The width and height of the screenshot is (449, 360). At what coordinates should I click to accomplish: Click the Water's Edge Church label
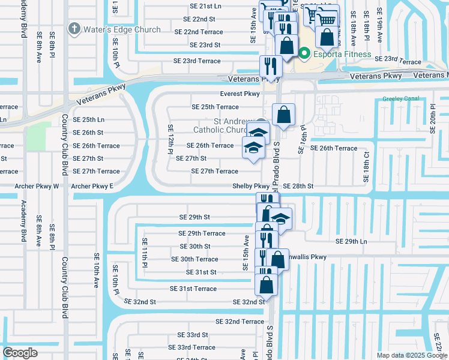122,29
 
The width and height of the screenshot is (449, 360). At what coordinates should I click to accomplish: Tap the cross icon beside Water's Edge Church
74,28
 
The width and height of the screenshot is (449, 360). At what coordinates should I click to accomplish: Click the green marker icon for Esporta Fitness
304,55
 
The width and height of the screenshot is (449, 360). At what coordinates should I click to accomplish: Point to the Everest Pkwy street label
240,94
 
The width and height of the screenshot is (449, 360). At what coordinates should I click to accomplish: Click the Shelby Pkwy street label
250,187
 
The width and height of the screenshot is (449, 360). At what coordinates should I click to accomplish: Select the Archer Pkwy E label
92,187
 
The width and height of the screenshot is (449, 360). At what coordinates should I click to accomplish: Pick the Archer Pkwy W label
37,187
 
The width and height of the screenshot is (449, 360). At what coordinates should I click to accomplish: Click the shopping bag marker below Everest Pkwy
283,114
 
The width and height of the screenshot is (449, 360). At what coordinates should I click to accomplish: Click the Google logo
20,352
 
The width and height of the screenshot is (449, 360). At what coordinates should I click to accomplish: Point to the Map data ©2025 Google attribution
411,355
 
